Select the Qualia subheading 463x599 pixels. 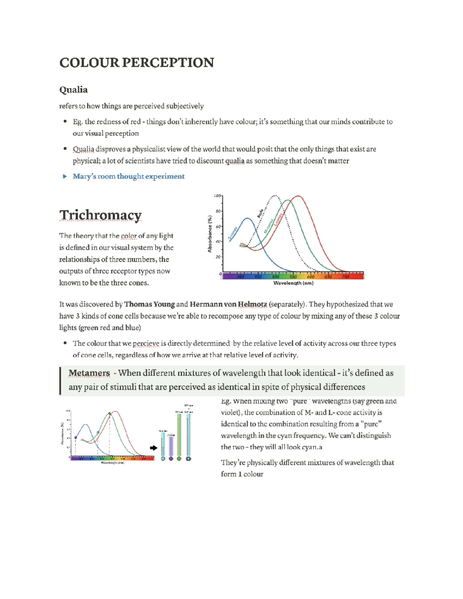pos(73,90)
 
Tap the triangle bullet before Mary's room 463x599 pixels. pos(65,177)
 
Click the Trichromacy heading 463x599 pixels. pos(100,215)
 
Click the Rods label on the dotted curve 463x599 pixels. pos(260,213)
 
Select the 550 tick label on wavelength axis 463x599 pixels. pos(293,277)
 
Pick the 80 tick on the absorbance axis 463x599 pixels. pos(218,211)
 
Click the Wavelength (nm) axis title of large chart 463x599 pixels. pos(293,283)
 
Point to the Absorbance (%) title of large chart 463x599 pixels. pos(210,234)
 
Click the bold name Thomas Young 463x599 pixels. pos(149,304)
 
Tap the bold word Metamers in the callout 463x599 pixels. pos(89,373)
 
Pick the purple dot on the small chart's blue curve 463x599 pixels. pos(76,437)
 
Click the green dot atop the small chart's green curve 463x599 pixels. pos(110,414)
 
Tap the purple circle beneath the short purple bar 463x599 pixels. pos(171,459)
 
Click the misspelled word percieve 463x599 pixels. pos(146,344)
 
